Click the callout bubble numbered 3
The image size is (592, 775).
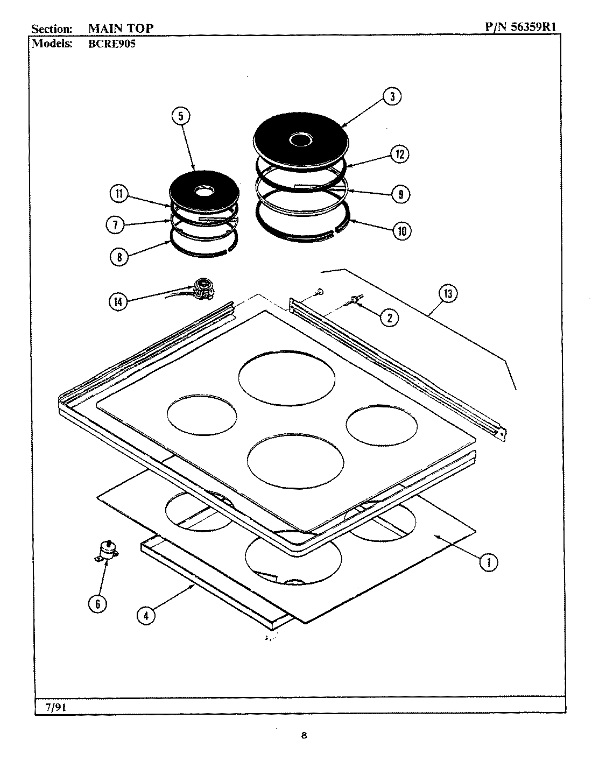point(392,97)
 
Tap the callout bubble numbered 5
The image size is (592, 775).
point(181,116)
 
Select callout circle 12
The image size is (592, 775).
point(399,154)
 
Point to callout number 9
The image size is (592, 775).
point(400,194)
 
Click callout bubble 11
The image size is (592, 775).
point(118,194)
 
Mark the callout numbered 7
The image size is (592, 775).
point(116,225)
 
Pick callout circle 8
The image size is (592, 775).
point(119,257)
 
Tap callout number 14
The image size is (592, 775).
point(119,302)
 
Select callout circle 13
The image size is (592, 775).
point(448,294)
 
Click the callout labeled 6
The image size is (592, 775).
point(97,604)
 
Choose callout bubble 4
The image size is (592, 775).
point(146,615)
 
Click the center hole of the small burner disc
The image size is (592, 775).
point(203,191)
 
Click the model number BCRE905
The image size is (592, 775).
point(111,44)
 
